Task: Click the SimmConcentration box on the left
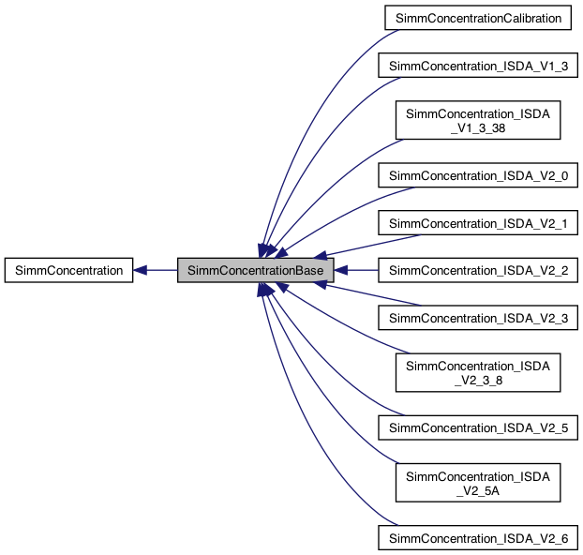67,270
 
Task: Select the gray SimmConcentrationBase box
256,270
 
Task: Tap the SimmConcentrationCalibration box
478,18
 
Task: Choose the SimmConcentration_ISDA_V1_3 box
478,65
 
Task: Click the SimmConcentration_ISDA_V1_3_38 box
478,119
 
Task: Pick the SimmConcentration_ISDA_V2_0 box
478,174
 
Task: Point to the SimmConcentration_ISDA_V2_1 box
478,222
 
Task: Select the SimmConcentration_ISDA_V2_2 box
478,270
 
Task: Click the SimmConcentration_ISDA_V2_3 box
478,318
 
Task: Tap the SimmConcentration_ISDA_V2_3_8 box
478,372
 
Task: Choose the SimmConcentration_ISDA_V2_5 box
478,427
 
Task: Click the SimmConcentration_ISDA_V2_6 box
478,537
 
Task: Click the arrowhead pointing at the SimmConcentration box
140,270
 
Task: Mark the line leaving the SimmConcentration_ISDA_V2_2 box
361,270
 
